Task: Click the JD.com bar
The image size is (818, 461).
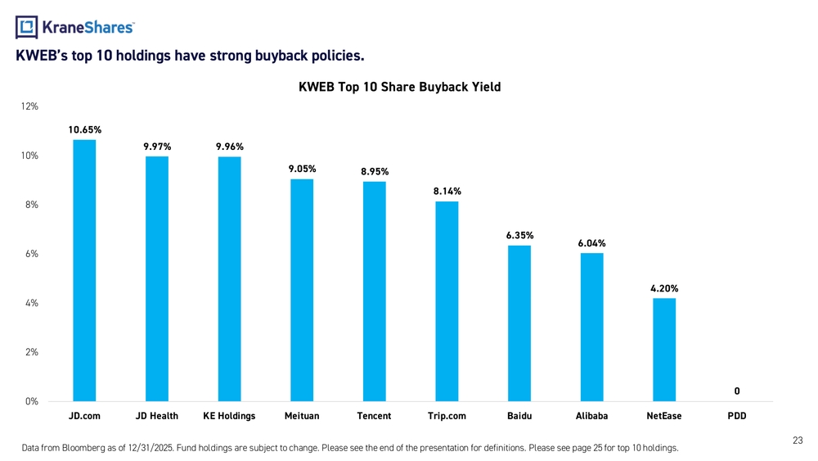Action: click(84, 270)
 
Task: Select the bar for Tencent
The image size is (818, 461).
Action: click(374, 291)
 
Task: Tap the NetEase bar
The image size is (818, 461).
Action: click(664, 350)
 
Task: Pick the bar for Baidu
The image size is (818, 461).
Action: click(519, 323)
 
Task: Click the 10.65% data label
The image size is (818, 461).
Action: click(85, 129)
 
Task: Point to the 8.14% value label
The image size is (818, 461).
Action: click(447, 191)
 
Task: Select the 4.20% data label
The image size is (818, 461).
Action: click(664, 288)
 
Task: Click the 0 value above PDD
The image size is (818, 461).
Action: click(737, 391)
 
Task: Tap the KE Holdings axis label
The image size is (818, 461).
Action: click(229, 416)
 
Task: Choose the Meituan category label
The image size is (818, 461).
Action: click(302, 416)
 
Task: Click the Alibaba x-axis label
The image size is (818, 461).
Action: click(591, 416)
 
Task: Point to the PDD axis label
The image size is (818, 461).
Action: click(737, 416)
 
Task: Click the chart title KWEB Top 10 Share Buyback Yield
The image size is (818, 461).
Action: click(400, 87)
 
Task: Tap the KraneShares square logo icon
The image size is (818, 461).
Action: click(27, 27)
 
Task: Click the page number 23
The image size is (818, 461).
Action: click(798, 441)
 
